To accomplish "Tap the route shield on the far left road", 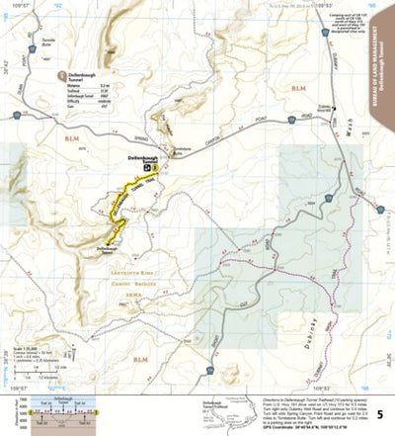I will pyautogui.click(x=19, y=118).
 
